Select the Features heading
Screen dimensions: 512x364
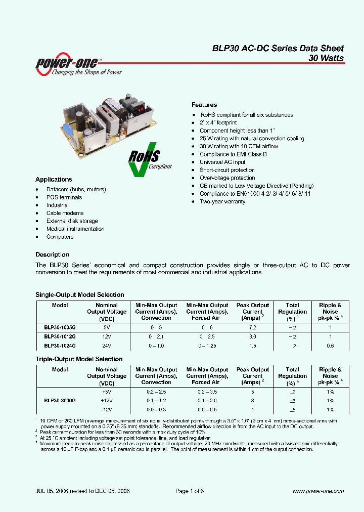(x=204, y=105)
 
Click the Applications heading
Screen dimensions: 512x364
(x=54, y=180)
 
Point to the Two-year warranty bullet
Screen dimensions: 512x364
(x=222, y=201)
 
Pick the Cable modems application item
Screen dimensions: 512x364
(x=65, y=213)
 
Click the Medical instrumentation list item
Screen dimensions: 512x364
(x=75, y=229)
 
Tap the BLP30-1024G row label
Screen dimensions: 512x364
(x=60, y=346)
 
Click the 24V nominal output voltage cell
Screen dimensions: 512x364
(x=107, y=346)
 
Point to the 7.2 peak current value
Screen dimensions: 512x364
(x=252, y=327)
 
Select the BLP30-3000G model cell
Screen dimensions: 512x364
(x=60, y=400)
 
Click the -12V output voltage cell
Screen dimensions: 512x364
(x=107, y=409)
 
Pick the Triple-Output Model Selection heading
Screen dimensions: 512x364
(x=79, y=359)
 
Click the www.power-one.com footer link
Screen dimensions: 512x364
(x=318, y=491)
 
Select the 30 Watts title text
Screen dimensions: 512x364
(x=326, y=58)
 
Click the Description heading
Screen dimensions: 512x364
(x=52, y=254)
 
